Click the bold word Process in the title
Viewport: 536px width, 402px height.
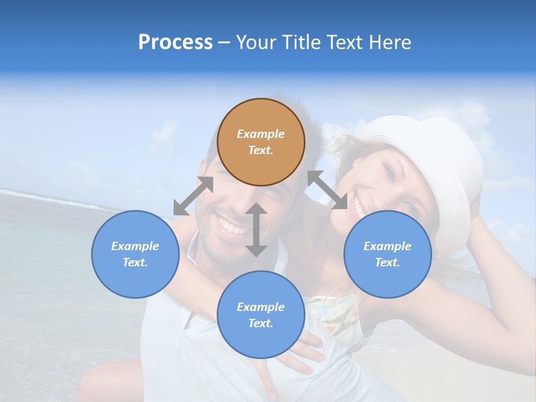pyautogui.click(x=175, y=42)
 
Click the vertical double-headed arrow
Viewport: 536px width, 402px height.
pyautogui.click(x=256, y=229)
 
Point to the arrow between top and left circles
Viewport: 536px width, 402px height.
pyautogui.click(x=193, y=196)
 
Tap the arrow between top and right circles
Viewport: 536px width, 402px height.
pyautogui.click(x=327, y=190)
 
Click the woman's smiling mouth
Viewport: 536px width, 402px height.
pyautogui.click(x=358, y=209)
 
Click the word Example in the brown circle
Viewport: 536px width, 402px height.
pyautogui.click(x=261, y=134)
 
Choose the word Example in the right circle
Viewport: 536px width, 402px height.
pyautogui.click(x=387, y=246)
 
